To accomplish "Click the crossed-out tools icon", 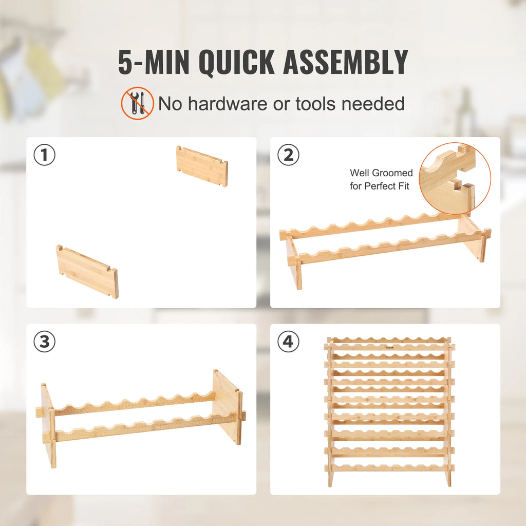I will (137, 103).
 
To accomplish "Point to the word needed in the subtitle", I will (373, 104).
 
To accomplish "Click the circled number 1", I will (45, 155).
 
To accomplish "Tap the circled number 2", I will (288, 155).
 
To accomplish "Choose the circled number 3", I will (45, 342).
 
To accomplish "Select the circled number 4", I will (288, 342).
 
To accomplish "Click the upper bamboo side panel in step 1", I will (202, 166).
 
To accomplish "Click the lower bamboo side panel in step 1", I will (87, 271).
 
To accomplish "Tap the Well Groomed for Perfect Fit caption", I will (381, 180).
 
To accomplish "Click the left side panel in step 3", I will (48, 424).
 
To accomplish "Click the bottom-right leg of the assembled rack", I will (448, 478).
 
